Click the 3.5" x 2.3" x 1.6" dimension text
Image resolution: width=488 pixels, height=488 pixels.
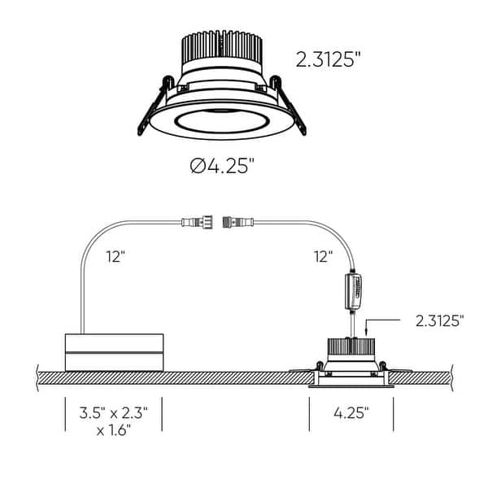click(x=113, y=420)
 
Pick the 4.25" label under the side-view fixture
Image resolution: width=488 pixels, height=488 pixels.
click(x=351, y=412)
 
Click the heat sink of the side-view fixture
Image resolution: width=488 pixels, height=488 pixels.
click(x=351, y=346)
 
